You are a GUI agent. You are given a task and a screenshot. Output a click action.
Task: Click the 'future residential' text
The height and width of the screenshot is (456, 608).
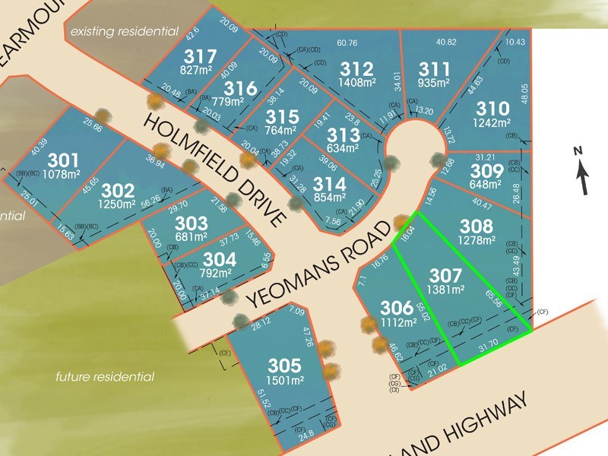tap(106, 376)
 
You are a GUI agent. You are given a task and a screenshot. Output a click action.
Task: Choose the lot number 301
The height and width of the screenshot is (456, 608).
tap(63, 161)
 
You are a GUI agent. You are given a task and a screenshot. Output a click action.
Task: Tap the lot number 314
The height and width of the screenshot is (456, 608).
tap(329, 185)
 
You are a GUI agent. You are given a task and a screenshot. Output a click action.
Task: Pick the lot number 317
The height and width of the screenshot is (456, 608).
tap(201, 56)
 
